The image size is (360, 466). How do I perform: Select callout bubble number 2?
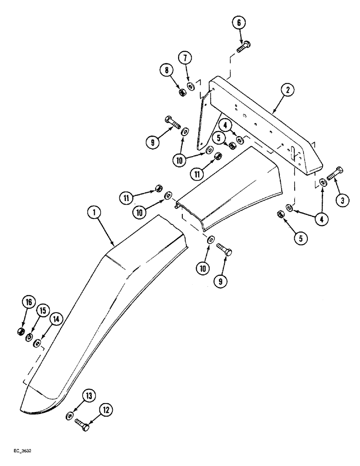tap(288, 91)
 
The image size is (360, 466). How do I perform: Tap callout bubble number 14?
tap(56, 319)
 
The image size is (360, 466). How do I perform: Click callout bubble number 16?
tap(29, 303)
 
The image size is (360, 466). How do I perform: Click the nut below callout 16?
tap(21, 331)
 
